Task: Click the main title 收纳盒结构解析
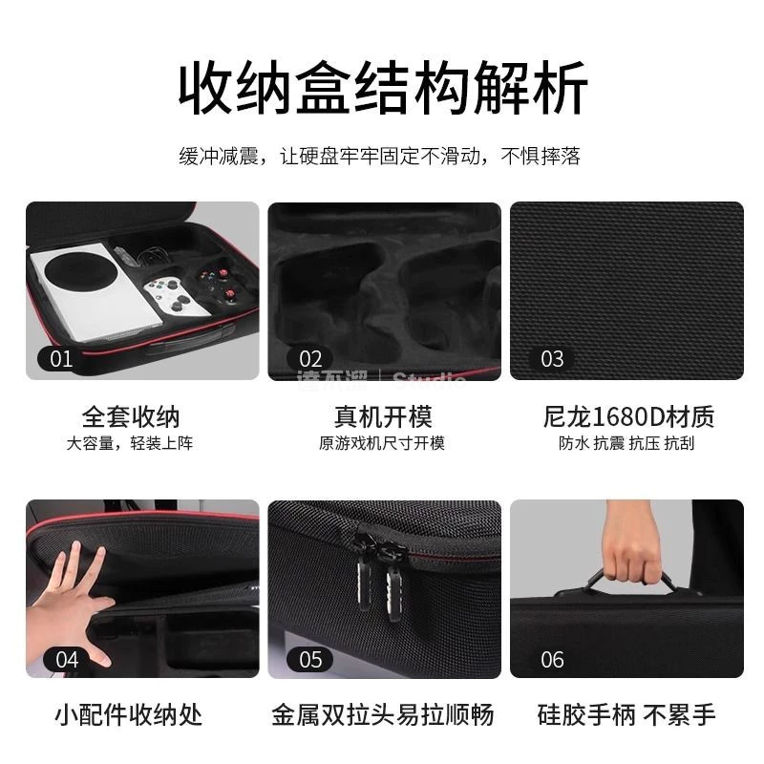click(x=382, y=88)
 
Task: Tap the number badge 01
click(x=60, y=359)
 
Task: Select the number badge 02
click(x=310, y=359)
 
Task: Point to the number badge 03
click(x=552, y=359)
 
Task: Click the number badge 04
click(x=67, y=659)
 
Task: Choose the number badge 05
click(x=310, y=659)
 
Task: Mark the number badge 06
click(x=552, y=659)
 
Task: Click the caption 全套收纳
click(x=130, y=416)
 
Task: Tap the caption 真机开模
click(x=382, y=416)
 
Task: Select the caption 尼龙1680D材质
click(x=627, y=416)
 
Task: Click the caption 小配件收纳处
click(x=129, y=714)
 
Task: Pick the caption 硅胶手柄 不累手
click(x=627, y=714)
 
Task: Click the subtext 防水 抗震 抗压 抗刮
click(x=627, y=444)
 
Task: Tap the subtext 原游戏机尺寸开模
click(x=382, y=444)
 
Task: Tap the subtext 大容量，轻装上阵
click(x=130, y=444)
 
